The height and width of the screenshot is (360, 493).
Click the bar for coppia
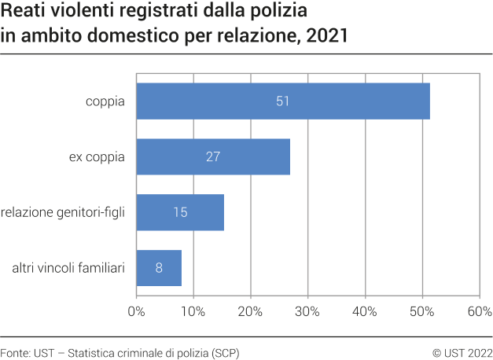pos(283,101)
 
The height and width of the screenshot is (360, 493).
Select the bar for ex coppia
pos(213,156)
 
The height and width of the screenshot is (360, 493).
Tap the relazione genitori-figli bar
pos(180,211)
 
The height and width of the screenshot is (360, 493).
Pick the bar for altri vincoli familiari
pos(159,267)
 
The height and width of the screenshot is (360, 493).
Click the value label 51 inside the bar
pos(283,101)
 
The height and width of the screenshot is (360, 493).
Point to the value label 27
pos(213,156)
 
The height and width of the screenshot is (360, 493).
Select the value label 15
pos(180,211)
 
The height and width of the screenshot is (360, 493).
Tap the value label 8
pos(159,267)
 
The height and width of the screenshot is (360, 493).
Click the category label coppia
pos(105,101)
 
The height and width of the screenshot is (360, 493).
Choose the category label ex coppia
pos(97,156)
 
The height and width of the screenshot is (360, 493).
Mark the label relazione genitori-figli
pos(63,211)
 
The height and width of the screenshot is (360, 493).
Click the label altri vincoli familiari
pos(68,267)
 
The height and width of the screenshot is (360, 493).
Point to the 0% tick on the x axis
pos(137,311)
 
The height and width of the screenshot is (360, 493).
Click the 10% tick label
pos(193,311)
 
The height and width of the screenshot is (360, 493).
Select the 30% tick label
pos(308,311)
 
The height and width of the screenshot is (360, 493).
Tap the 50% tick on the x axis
pos(422,311)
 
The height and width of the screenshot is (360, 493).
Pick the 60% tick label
pos(479,311)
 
